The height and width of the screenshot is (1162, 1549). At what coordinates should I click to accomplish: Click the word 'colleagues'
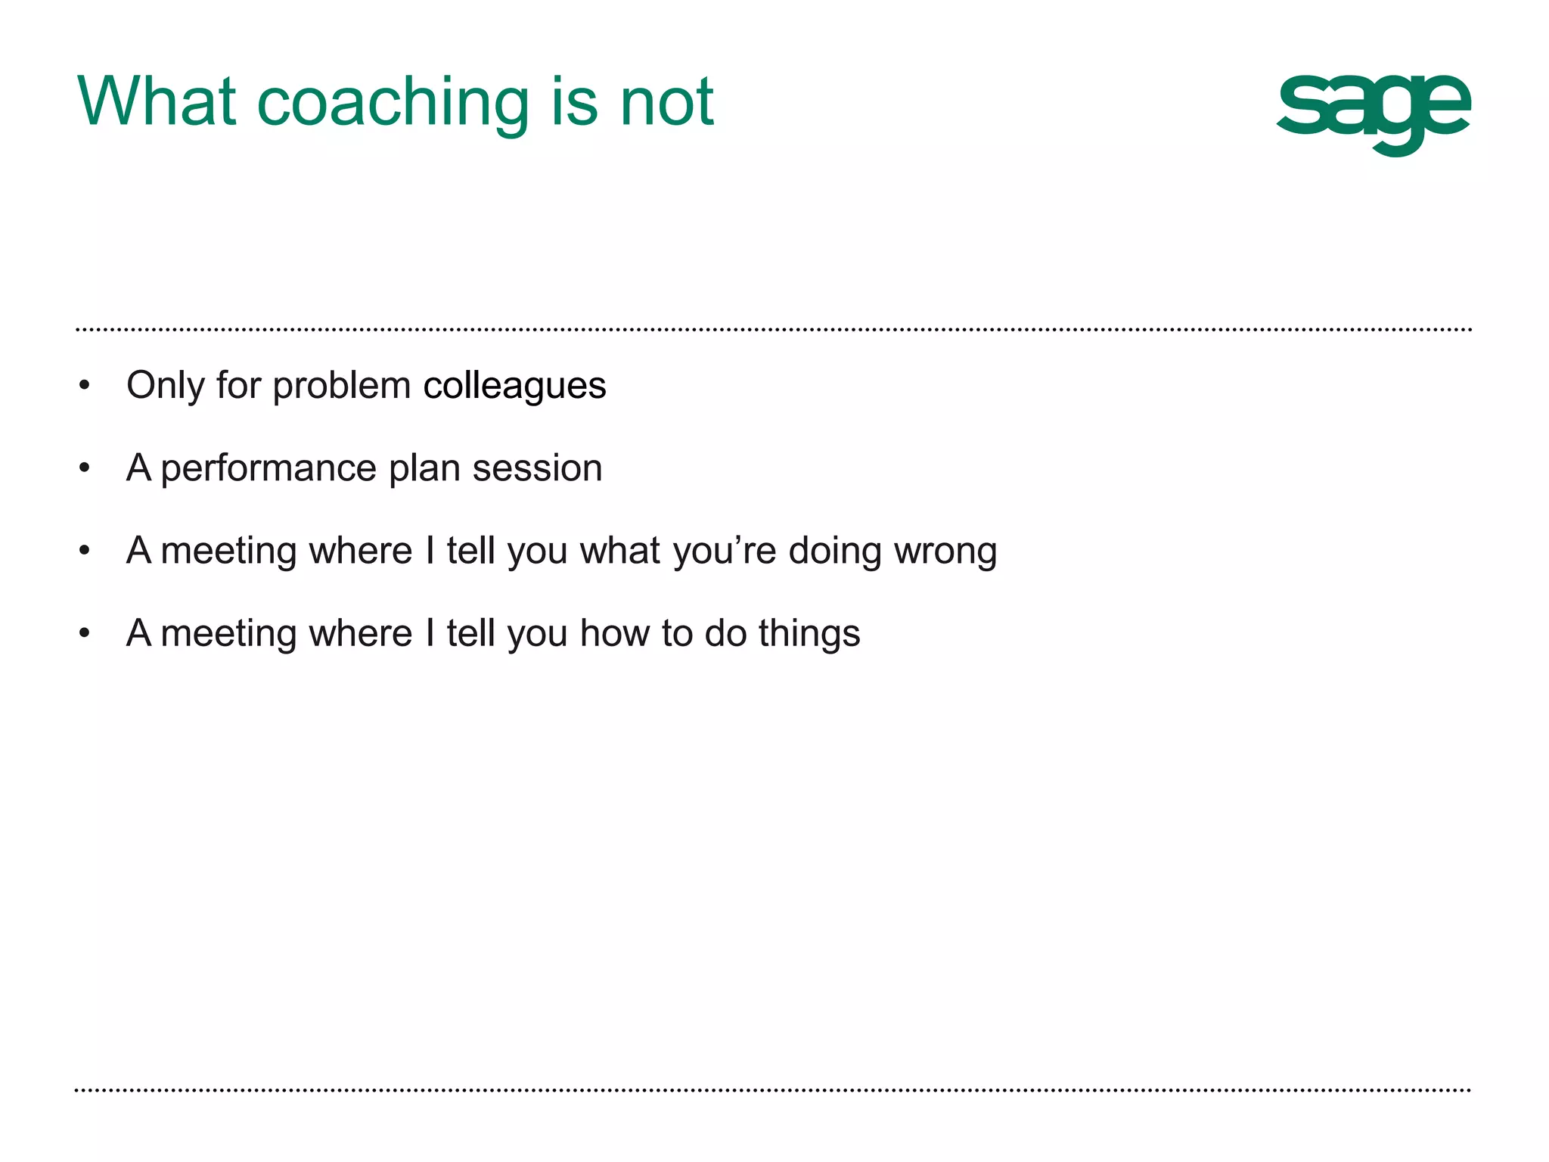pos(514,386)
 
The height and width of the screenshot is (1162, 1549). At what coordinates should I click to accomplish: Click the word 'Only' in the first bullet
pos(166,386)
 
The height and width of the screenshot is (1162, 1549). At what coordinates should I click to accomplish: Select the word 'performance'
pos(269,468)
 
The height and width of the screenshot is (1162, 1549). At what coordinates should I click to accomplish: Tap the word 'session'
pos(537,468)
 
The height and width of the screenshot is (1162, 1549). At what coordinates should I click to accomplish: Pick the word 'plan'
pos(424,468)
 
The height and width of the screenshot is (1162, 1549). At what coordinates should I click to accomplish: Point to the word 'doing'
pos(835,551)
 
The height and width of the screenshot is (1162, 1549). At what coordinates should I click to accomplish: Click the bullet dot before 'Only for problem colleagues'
pos(85,386)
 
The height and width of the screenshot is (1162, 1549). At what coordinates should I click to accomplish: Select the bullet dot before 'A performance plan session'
pos(85,468)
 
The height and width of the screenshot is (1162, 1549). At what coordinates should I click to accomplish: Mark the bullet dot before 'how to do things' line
pos(85,633)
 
